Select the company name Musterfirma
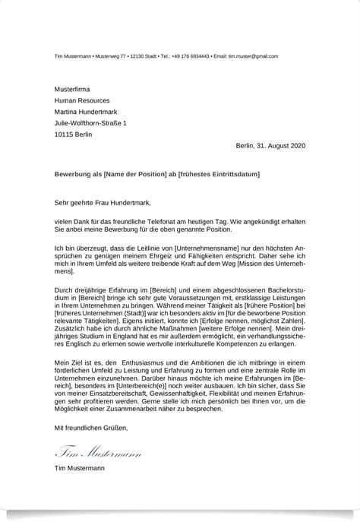click(x=72, y=87)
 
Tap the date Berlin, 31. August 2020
click(x=270, y=145)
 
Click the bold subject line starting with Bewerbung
click(x=156, y=174)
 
